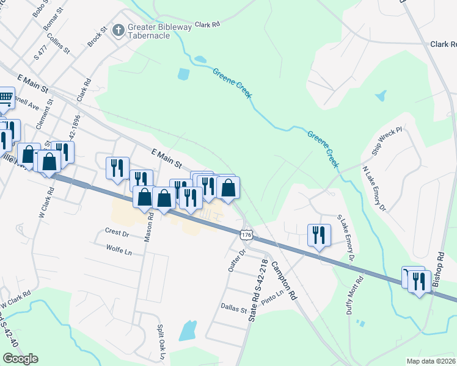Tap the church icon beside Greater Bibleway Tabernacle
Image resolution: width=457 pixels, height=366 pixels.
point(118,28)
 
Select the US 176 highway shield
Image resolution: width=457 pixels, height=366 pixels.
point(246,235)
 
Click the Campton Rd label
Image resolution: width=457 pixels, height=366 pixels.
point(283,280)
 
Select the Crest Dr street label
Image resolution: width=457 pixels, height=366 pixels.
point(117,232)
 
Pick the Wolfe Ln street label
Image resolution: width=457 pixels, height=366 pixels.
point(119,250)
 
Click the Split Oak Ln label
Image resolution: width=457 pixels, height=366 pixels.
point(162,342)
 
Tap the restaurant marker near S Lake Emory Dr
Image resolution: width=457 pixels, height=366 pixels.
point(319,235)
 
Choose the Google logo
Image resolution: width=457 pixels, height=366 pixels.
point(20,359)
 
